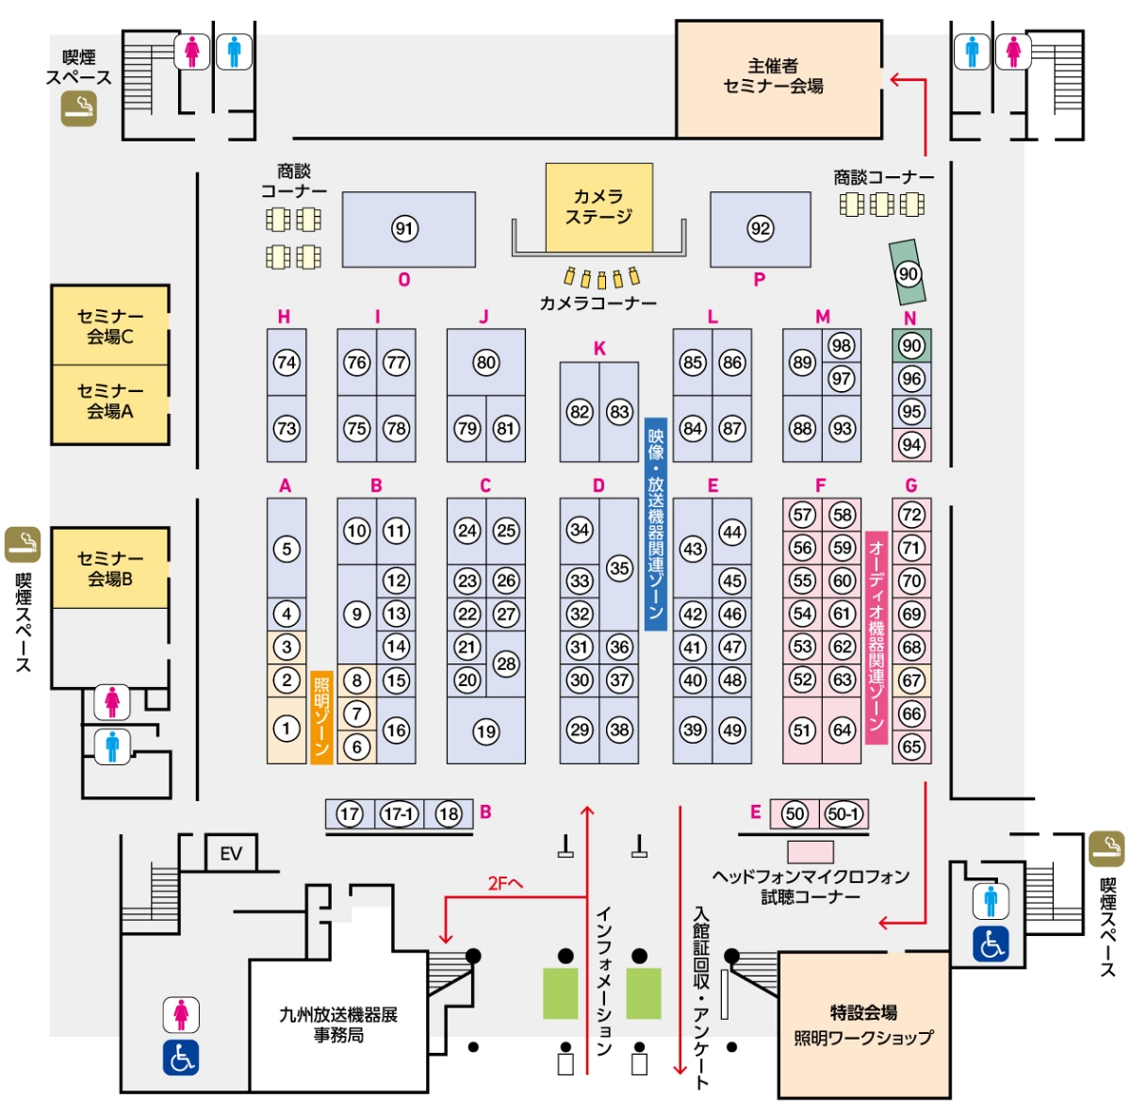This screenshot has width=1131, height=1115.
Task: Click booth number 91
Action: coord(404,229)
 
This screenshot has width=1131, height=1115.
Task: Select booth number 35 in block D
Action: coord(619,567)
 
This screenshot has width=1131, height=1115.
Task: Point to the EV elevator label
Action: coord(231,854)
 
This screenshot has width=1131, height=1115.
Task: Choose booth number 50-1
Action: coord(843,813)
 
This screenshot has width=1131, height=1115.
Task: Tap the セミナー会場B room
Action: coord(110,568)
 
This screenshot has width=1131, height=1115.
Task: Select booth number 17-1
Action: coord(399,813)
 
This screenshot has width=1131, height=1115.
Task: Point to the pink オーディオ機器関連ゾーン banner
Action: coord(877,637)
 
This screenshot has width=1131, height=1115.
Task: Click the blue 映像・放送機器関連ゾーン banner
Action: coord(656,524)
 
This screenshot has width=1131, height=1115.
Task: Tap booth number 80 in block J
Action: coord(486,362)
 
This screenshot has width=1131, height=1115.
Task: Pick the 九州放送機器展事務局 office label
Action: coord(338,1025)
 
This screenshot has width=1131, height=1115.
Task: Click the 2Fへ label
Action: coord(505,883)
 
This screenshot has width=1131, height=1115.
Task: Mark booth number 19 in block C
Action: coord(486,731)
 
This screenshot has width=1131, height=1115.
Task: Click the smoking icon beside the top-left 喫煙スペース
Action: coord(79,109)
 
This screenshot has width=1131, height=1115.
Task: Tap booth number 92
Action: coord(760,229)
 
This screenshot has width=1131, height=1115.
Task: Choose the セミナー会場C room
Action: coord(110,326)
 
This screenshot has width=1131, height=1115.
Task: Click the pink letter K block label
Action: coord(599,349)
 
